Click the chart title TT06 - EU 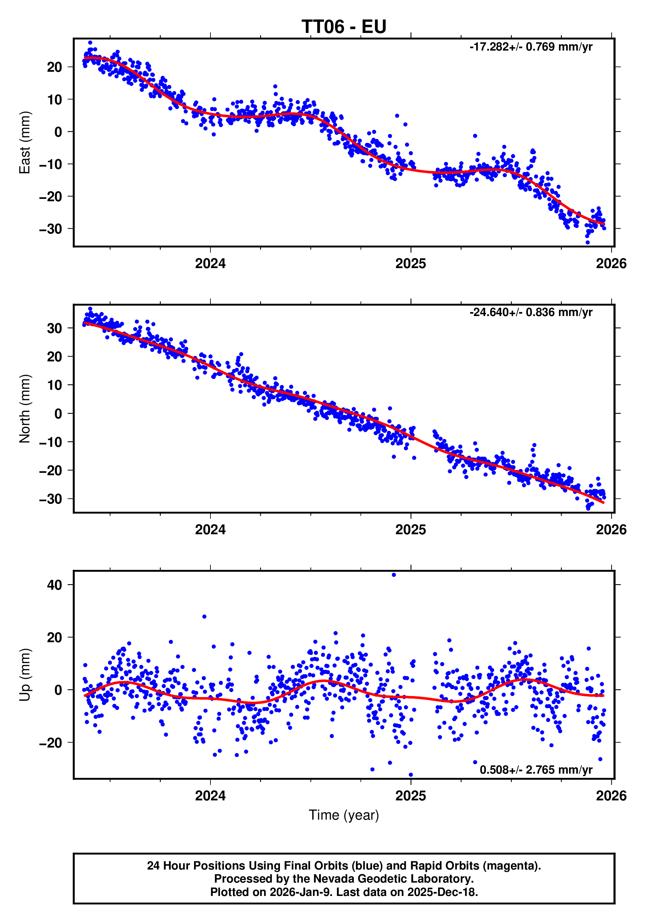point(344,27)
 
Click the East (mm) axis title point(25,143)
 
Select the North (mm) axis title point(25,408)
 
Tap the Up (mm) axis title point(25,674)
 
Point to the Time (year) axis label point(344,815)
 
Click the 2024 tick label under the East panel point(210,264)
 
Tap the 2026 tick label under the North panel point(611,530)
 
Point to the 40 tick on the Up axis point(54,585)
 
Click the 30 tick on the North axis point(54,328)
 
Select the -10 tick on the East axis point(50,164)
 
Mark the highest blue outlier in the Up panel point(394,575)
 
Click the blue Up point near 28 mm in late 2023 point(205,616)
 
